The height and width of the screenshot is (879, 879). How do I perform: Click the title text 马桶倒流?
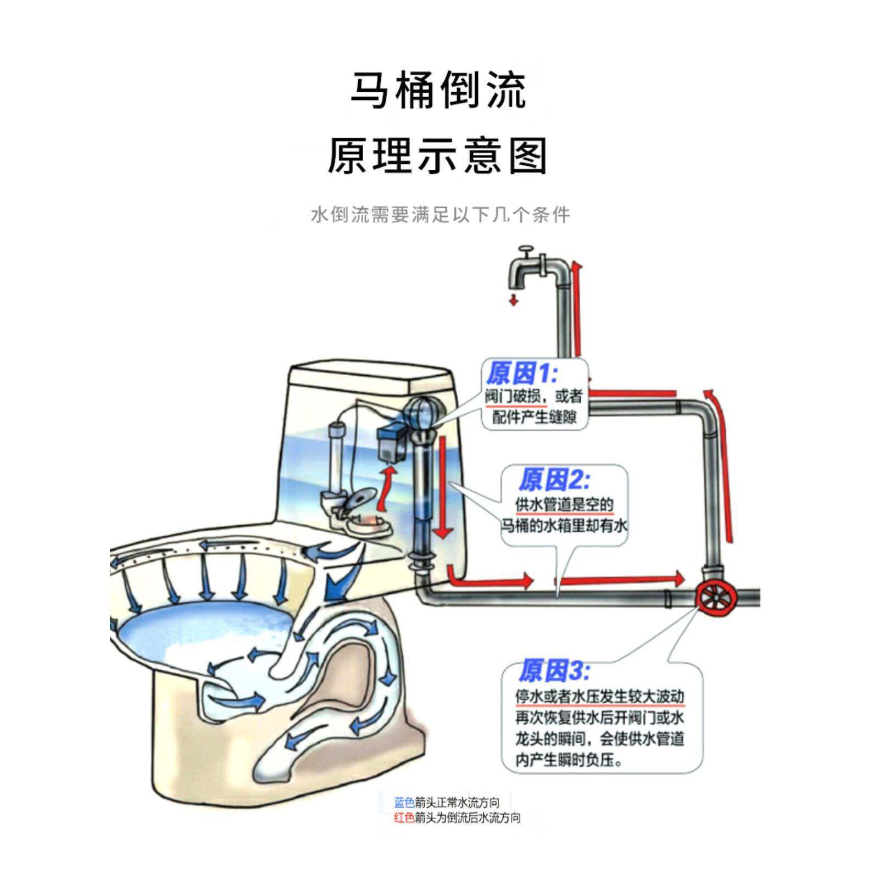coord(438,90)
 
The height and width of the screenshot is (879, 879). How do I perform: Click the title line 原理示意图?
coord(438,157)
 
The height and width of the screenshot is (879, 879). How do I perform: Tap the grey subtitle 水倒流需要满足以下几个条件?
coord(440,215)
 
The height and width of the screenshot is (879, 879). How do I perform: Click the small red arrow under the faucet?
coord(514,299)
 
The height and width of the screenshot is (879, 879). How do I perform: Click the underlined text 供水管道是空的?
coord(564,504)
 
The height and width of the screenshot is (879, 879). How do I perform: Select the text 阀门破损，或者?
coord(533,396)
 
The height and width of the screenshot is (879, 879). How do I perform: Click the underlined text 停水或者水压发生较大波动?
coord(599,697)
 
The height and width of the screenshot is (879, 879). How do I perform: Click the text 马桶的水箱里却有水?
coord(564,526)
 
